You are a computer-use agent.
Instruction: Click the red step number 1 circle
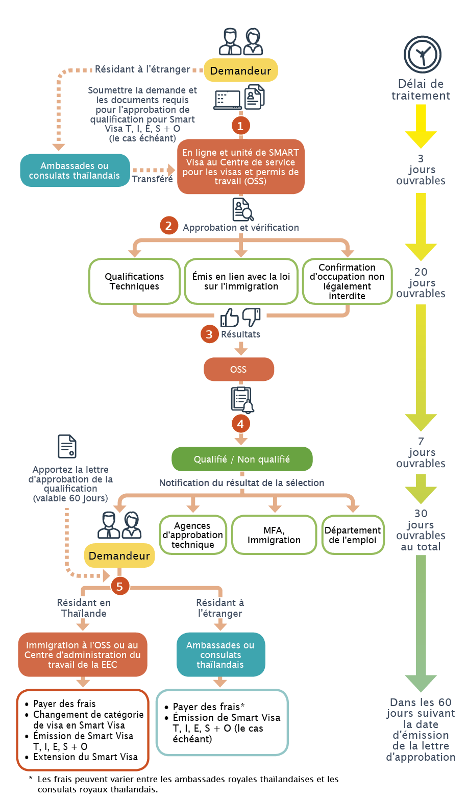click(x=240, y=126)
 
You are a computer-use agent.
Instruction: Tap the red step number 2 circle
click(x=168, y=226)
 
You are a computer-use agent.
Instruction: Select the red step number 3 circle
click(x=209, y=334)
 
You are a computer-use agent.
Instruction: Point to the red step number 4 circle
click(x=240, y=424)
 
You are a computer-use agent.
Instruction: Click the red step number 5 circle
click(x=119, y=586)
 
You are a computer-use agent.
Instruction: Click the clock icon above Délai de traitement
click(x=423, y=55)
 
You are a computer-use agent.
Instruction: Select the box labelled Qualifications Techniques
click(x=134, y=281)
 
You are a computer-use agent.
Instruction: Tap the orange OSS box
click(x=239, y=369)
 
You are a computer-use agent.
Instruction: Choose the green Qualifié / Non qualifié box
click(x=242, y=459)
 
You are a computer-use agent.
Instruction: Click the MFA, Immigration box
click(x=274, y=535)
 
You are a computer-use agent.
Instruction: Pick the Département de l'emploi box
click(x=353, y=535)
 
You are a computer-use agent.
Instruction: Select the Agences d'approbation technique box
click(x=193, y=535)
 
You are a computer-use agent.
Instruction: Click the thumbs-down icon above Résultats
click(x=251, y=317)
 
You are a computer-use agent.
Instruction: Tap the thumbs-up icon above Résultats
click(x=229, y=318)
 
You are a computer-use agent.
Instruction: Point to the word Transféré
click(x=152, y=179)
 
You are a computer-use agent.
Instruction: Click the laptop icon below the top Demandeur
click(x=228, y=100)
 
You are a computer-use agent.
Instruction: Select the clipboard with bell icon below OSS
click(x=242, y=400)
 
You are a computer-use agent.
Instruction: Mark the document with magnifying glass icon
click(x=243, y=210)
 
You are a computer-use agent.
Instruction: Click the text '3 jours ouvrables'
click(x=421, y=170)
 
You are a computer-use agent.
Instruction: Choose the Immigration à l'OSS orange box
click(x=83, y=655)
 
